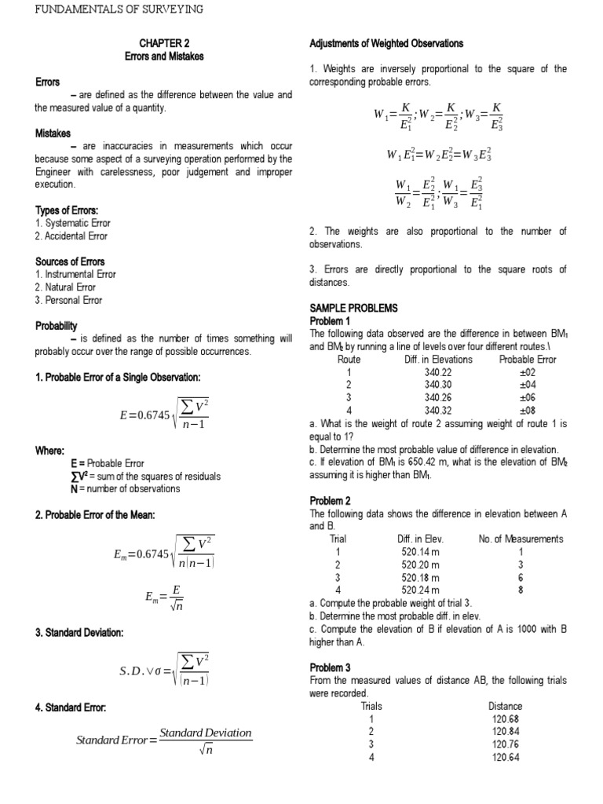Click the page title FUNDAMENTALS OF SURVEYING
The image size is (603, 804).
tap(119, 9)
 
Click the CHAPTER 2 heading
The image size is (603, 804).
tap(165, 44)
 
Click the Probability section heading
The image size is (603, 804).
tap(57, 325)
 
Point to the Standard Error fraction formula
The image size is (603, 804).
tap(164, 739)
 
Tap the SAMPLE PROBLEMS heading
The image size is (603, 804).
tap(353, 309)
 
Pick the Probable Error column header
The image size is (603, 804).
tap(528, 359)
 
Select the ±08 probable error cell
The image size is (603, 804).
tap(528, 410)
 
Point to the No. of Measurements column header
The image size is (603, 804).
tap(521, 539)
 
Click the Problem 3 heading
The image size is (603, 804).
tap(331, 667)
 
